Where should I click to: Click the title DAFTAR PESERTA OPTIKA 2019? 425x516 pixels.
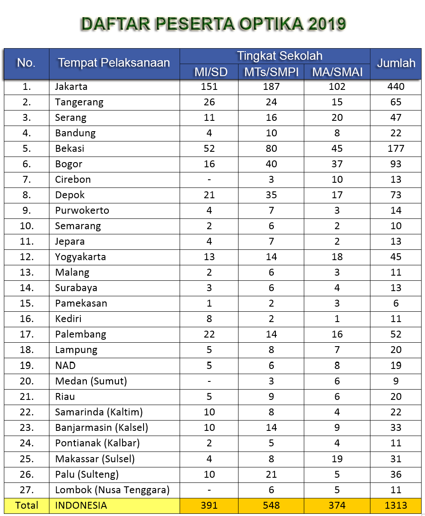pos(214,25)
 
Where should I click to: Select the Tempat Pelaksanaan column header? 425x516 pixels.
pos(114,63)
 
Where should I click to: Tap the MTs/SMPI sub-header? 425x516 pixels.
pos(271,71)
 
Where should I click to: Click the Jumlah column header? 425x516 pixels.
pos(396,63)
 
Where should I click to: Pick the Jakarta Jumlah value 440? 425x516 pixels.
pos(396,86)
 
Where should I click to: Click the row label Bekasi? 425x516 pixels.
pos(70,148)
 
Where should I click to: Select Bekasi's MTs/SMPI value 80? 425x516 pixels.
pos(271,148)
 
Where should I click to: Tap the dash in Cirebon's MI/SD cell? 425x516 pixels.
pos(209,179)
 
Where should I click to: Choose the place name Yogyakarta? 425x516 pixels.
pos(80,257)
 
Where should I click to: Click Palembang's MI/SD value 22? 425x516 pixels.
pos(209,334)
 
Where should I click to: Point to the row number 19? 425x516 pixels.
pos(27,365)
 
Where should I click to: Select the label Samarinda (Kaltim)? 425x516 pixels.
pos(99,412)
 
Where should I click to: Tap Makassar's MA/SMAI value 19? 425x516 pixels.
pos(337,458)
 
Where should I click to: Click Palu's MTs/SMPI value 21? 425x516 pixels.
pos(271,474)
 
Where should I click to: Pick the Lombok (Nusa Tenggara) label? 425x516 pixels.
pos(112,489)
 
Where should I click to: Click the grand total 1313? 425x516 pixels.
pos(396,505)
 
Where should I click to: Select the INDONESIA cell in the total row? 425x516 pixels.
pos(81,505)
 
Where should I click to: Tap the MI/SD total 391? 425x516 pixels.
pos(209,505)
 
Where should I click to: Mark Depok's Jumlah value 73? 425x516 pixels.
pos(396,195)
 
